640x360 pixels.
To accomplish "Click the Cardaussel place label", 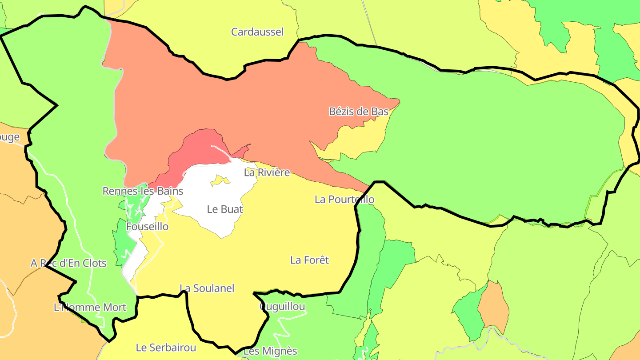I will pos(257,32).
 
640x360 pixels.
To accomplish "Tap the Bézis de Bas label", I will pos(359,112).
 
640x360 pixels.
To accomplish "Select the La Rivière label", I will pos(267,172).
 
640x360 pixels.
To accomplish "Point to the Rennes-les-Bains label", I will pos(143,191).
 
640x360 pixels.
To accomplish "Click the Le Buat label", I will pos(225,209).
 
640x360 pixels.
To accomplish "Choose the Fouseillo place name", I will pos(148,227).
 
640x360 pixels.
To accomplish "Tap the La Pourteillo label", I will pos(344,200).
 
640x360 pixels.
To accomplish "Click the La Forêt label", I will pos(309,260).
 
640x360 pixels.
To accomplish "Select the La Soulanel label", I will pos(207,288).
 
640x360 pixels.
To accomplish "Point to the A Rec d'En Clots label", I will pos(68,264).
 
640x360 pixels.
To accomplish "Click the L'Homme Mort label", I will pos(90,308).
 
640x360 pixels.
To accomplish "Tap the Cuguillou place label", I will pos(283,307).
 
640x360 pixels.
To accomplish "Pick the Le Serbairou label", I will pos(166,348).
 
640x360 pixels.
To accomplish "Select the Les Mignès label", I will pos(270,351).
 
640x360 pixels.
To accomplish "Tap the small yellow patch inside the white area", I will pos(220,180).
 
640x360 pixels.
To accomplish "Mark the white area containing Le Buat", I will pos(209,196).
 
